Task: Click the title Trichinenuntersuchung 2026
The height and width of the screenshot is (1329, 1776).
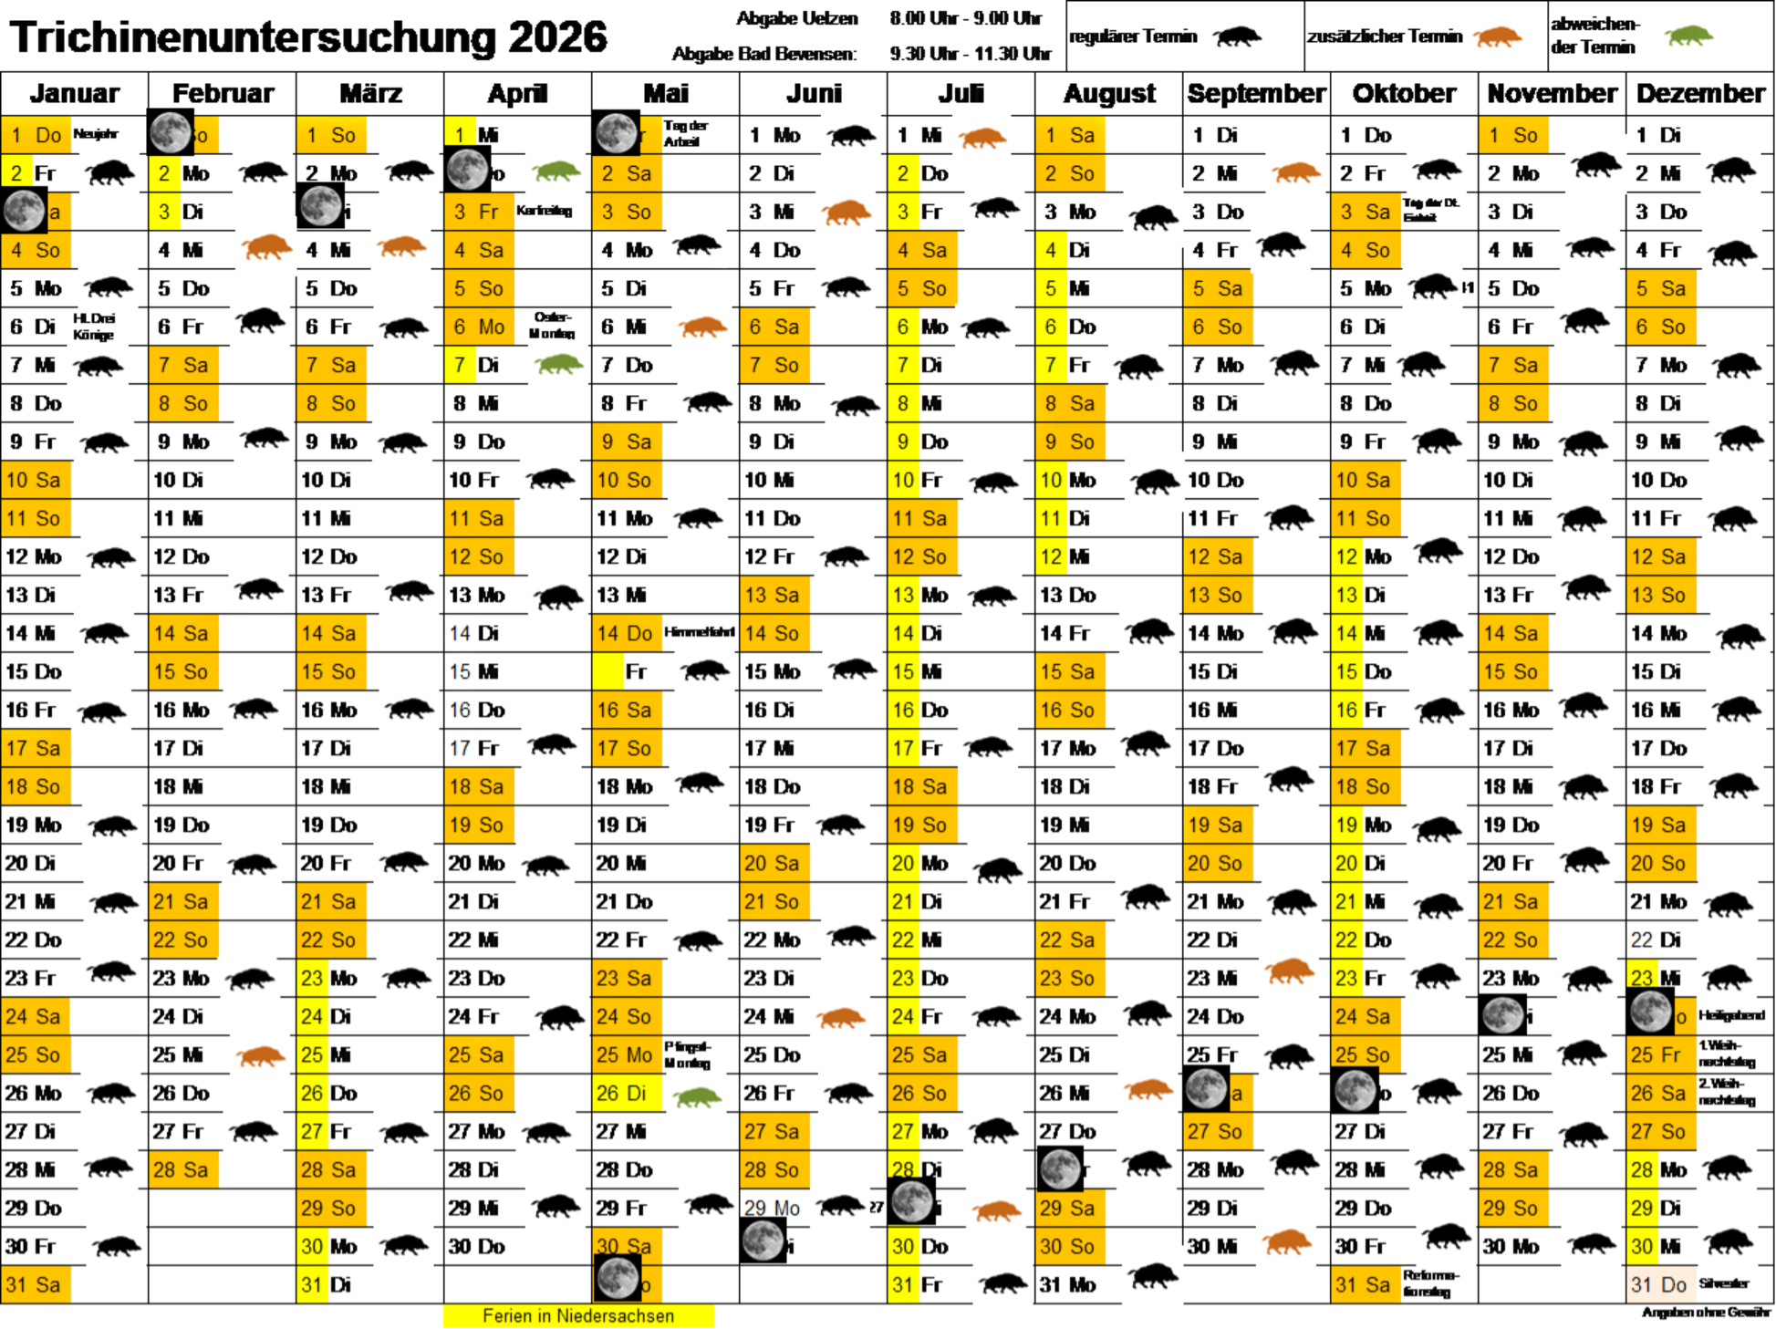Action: tap(308, 37)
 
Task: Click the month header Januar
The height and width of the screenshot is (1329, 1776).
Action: tap(74, 93)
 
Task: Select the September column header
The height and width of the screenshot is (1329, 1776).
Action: tap(1256, 93)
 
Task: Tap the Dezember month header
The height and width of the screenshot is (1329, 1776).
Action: tap(1700, 93)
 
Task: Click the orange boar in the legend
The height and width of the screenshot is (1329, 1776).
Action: tap(1497, 37)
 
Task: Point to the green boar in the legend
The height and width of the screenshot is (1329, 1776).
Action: tap(1688, 36)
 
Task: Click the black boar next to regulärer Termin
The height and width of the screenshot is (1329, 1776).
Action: tap(1237, 37)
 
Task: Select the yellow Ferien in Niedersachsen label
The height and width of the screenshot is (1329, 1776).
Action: tap(578, 1315)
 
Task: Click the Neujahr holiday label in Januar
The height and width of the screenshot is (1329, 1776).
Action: tap(96, 134)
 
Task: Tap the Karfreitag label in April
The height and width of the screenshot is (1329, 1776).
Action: tap(544, 211)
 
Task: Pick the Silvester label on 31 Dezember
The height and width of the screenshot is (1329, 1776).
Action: tap(1723, 1283)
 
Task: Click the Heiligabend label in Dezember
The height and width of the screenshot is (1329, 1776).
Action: tap(1731, 1015)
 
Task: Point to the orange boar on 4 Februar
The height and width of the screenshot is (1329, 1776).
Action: tap(266, 247)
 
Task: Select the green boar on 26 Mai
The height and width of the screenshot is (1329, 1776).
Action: tap(698, 1095)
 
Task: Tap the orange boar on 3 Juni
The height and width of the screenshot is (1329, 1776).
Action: tap(846, 213)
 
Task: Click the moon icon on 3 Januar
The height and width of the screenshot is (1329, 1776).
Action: tap(25, 211)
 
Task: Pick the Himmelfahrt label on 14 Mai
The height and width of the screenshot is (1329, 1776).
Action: tap(699, 632)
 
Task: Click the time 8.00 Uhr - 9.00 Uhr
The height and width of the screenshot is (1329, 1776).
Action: tap(965, 18)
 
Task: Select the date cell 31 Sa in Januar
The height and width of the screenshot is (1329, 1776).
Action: tap(34, 1284)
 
